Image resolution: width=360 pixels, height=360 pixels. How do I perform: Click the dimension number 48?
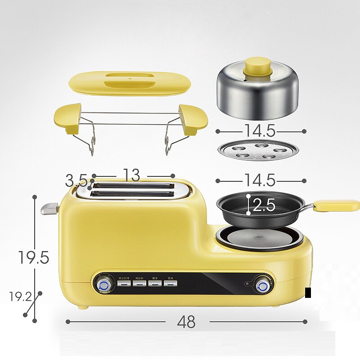coord(186,322)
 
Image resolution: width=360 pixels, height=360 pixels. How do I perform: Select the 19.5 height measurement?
coord(34,257)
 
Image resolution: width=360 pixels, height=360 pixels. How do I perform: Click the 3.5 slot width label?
coord(76,181)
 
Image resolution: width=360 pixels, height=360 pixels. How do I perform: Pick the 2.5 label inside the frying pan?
coord(264,206)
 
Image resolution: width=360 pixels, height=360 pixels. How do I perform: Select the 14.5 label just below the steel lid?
coord(260,130)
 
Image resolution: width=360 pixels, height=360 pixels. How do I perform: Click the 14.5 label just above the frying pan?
coord(260,180)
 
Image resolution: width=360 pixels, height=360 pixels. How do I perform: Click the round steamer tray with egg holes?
coord(258,150)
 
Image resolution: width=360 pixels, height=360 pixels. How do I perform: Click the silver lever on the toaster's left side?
coord(49,208)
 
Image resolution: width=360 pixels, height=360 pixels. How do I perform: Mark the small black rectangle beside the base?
coord(308,293)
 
